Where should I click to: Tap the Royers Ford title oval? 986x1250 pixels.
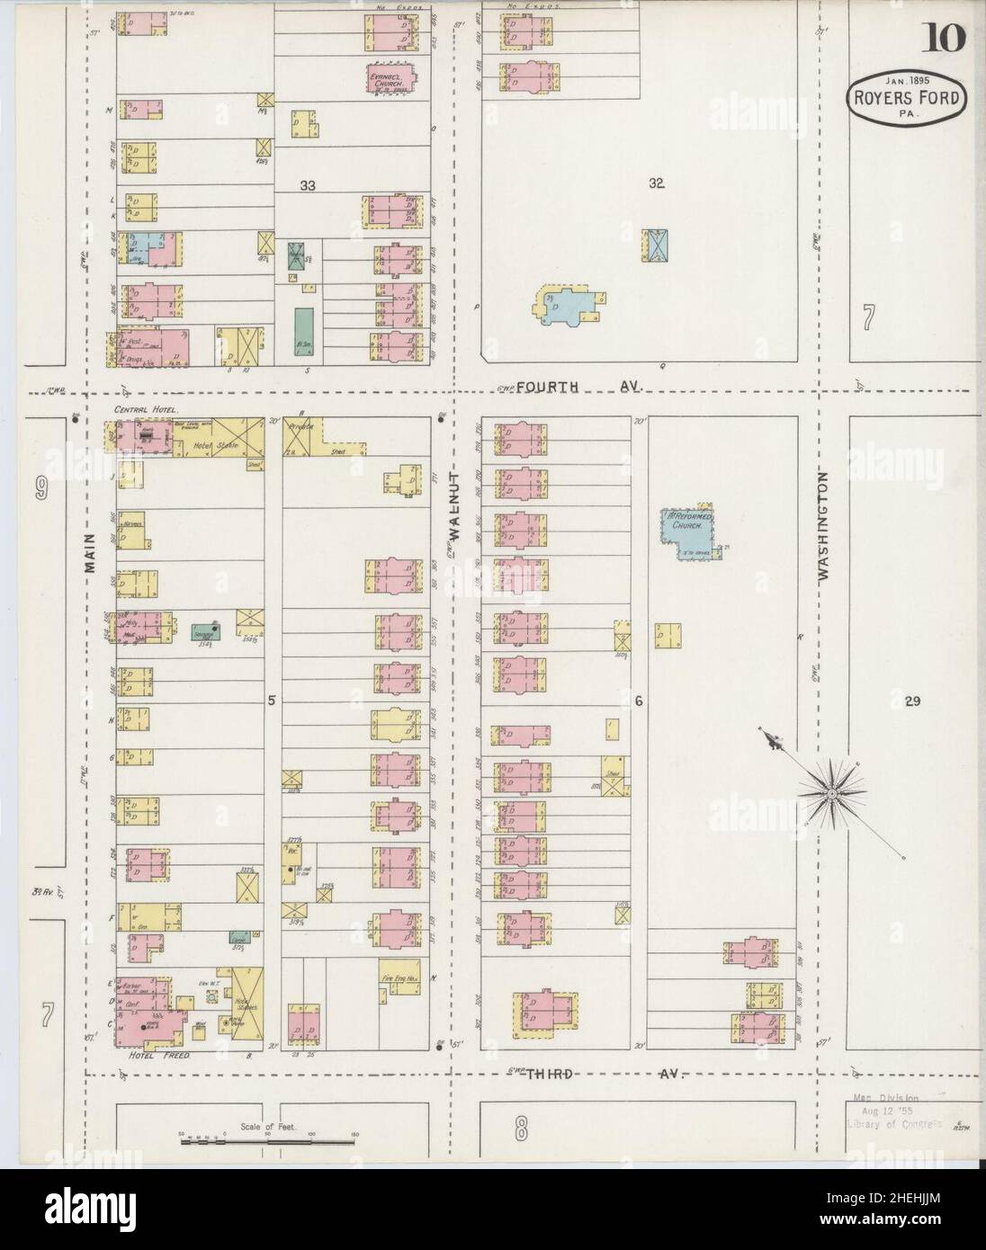coord(906,103)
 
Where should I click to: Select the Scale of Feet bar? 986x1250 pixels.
coord(267,1142)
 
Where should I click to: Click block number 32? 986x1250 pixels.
coord(657,183)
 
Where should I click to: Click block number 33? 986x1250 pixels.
coord(308,185)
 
